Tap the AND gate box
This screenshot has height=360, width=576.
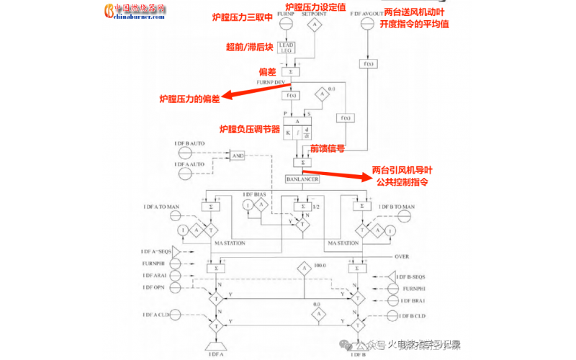click(237, 156)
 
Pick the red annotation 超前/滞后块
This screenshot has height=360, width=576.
click(248, 47)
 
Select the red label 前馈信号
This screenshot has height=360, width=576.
click(327, 148)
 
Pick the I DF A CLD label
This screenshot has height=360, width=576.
click(158, 315)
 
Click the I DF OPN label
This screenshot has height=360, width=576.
click(154, 287)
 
